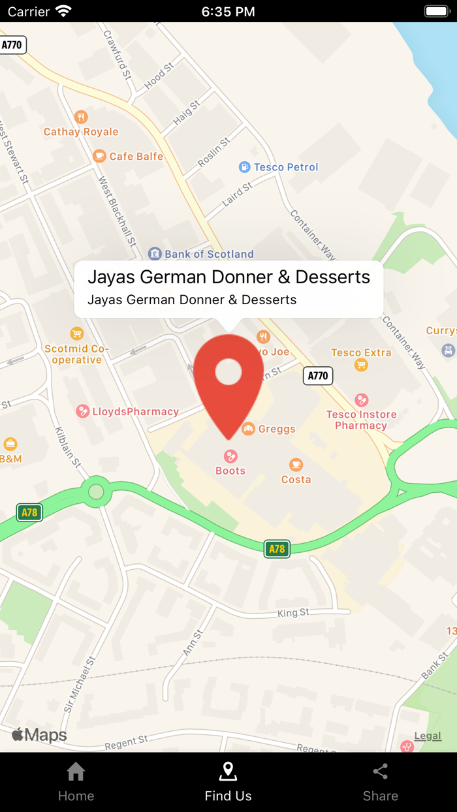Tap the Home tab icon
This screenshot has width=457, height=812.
pyautogui.click(x=76, y=772)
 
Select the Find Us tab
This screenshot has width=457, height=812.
pyautogui.click(x=228, y=782)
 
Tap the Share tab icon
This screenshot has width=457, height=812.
pyautogui.click(x=381, y=772)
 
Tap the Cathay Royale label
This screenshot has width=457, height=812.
pyautogui.click(x=81, y=132)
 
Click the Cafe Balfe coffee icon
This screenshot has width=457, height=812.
pyautogui.click(x=99, y=156)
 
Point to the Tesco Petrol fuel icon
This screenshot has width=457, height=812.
pyautogui.click(x=245, y=167)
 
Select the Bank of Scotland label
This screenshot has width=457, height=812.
pyautogui.click(x=209, y=254)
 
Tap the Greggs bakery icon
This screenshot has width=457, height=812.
pyautogui.click(x=248, y=429)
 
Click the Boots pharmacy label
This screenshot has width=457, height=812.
pyautogui.click(x=230, y=471)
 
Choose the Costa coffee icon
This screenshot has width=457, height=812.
pyautogui.click(x=296, y=465)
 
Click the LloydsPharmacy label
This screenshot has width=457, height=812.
pyautogui.click(x=136, y=412)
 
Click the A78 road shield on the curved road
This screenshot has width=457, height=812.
pyautogui.click(x=277, y=549)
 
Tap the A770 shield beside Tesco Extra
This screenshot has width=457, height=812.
pyautogui.click(x=318, y=375)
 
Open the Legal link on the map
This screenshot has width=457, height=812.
pyautogui.click(x=428, y=736)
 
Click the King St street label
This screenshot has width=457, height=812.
pyautogui.click(x=293, y=613)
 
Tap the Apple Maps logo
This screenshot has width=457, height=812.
pyautogui.click(x=39, y=735)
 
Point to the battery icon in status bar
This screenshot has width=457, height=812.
pyautogui.click(x=437, y=11)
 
